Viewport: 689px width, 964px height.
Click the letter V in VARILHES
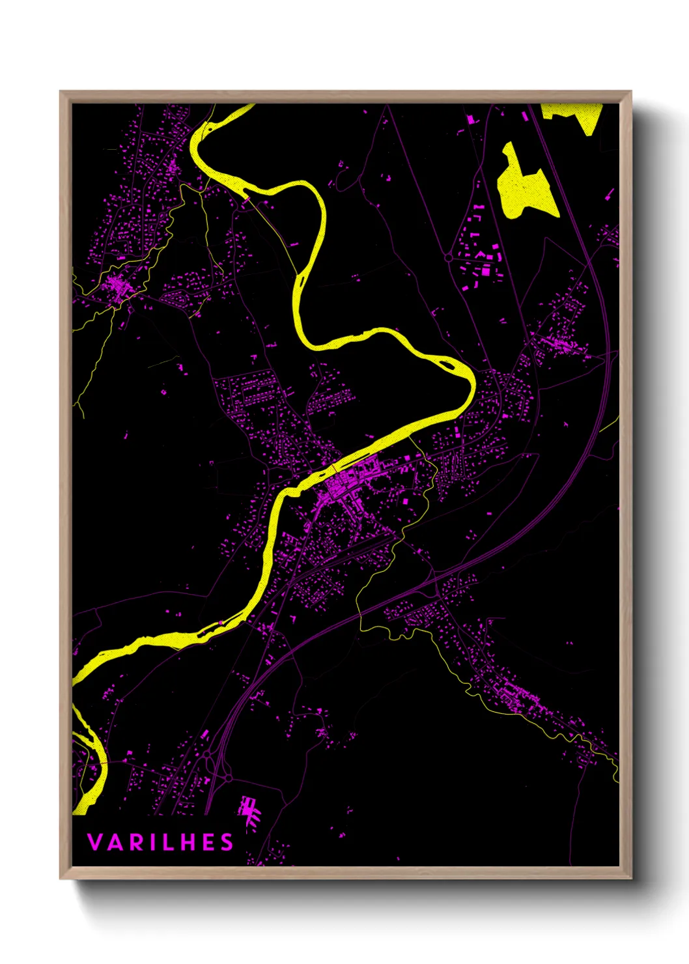coord(94,842)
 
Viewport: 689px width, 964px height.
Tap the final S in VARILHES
coord(227,842)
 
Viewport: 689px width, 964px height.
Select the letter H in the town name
coord(184,842)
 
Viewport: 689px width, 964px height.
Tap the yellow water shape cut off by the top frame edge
coord(573,115)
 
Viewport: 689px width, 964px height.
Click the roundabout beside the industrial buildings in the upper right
coord(449,258)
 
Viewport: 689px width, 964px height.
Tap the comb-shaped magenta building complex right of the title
coord(248,810)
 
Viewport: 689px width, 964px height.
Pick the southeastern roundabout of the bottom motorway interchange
coord(229,778)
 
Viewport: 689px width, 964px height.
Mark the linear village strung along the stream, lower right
coord(521,697)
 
